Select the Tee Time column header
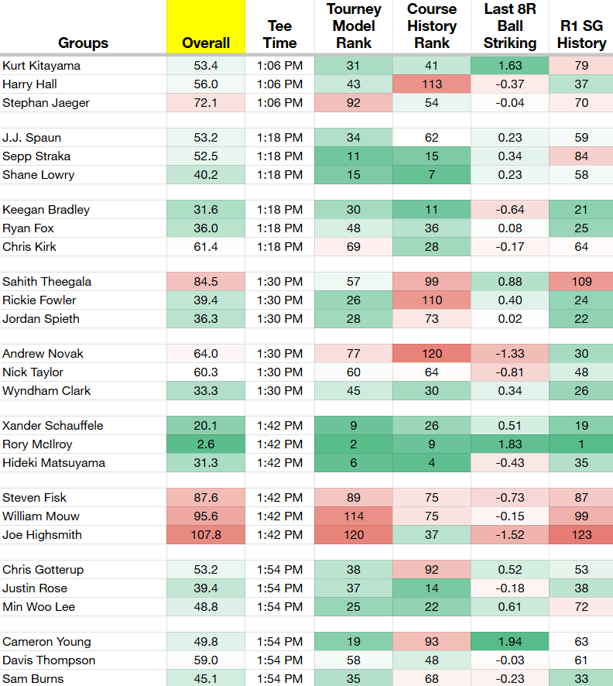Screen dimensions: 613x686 coord(279,35)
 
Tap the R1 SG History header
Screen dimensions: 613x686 coord(581,35)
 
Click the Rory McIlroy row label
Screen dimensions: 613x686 coord(37,444)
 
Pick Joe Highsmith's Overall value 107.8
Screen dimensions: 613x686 coord(206,534)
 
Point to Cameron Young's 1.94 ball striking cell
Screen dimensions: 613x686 coord(510,641)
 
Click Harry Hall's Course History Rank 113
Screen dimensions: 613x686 coord(432,84)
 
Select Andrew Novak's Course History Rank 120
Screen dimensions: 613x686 coord(432,354)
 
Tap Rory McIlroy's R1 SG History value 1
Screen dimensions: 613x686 coord(581,444)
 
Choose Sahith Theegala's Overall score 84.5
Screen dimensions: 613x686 coord(206,281)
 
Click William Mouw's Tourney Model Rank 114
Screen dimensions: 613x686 coord(353,516)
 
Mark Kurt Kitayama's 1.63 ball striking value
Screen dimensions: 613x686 coord(510,66)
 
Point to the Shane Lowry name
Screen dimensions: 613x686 coord(39,175)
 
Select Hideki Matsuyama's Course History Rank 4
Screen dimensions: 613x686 coord(432,462)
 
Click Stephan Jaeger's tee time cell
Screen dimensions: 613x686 coord(279,103)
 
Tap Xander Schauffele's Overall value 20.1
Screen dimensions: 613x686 coord(206,425)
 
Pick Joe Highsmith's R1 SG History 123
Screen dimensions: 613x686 coord(581,534)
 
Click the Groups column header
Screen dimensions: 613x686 coord(83,43)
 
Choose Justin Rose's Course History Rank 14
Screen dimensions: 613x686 coord(432,588)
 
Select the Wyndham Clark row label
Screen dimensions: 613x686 coord(46,391)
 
